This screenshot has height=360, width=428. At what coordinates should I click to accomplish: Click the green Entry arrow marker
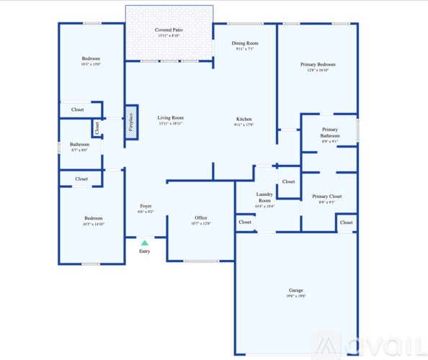coord(144,243)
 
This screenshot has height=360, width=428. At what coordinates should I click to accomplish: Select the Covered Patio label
coord(169,30)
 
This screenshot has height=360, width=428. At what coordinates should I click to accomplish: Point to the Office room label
coord(201,217)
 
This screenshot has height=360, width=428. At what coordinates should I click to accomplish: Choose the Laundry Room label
coord(264,197)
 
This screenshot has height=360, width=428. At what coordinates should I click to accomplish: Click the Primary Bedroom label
coord(318,64)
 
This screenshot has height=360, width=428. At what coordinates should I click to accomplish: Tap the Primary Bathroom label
coord(330,132)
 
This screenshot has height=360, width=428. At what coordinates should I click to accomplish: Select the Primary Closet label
coord(326,196)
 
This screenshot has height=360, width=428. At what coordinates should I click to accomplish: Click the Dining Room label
coord(245,43)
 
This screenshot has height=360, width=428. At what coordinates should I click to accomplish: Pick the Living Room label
coord(171,117)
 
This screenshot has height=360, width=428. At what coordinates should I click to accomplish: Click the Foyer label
coord(146,206)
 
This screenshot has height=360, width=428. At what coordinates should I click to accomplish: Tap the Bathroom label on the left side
coord(80,144)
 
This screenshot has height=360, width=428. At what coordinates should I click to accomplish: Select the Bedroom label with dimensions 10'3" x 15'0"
coord(91,58)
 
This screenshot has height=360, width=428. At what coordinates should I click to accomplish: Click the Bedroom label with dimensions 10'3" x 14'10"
coord(93,218)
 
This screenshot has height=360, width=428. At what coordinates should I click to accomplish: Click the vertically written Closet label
coord(96,128)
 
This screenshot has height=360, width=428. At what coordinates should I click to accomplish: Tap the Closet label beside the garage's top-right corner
coord(347,222)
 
